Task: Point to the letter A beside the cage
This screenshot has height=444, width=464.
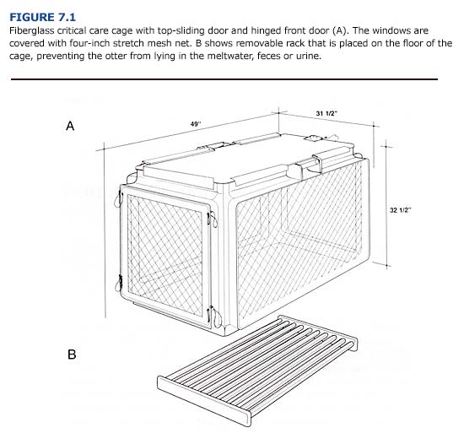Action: tap(71, 125)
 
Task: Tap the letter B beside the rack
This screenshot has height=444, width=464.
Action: tap(72, 355)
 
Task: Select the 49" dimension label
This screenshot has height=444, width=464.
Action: tap(197, 124)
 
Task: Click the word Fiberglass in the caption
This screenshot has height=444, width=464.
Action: tap(33, 29)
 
